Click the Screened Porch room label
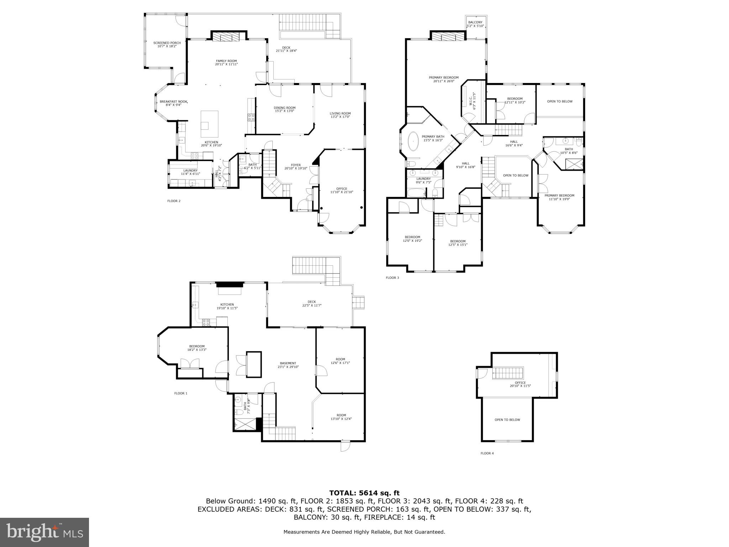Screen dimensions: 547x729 pos(167,43)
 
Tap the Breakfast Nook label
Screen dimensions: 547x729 pos(173,101)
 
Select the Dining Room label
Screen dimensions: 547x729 pos(284,108)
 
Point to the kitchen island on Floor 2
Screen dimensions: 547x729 pos(209,124)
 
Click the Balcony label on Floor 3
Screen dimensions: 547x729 pos(475,22)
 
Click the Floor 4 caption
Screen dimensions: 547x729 pos(487,453)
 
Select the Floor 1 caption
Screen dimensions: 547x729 pos(180,393)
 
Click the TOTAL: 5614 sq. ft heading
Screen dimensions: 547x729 pos(364,493)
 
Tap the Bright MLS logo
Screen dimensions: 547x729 pos(44,532)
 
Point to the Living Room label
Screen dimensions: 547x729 pos(340,114)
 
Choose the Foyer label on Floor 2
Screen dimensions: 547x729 pos(296,165)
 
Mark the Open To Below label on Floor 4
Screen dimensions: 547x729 pos(507,420)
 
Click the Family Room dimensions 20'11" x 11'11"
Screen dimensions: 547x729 pos(226,64)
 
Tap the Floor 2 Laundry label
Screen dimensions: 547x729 pos(190,171)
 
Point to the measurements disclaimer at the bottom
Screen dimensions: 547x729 pos(364,532)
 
